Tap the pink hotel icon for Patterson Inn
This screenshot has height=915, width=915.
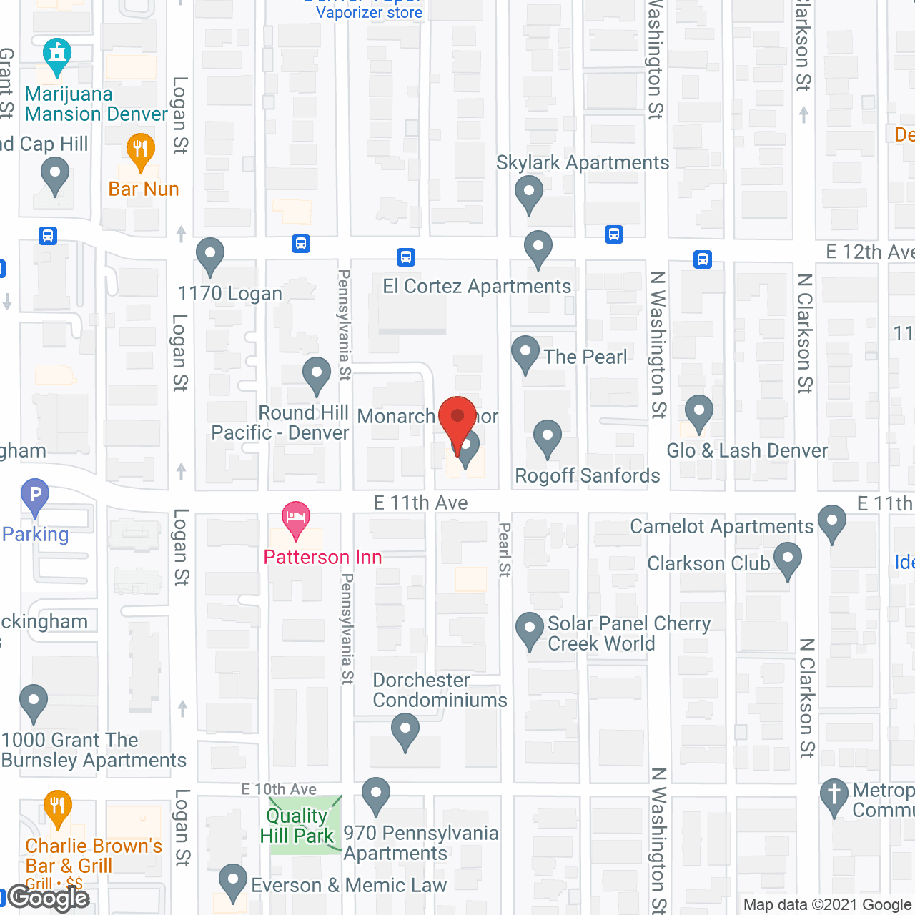295,520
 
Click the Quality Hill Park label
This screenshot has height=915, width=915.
296,826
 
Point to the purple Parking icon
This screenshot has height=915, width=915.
35,495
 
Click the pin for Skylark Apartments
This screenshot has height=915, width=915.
529,194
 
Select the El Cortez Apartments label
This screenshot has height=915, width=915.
477,287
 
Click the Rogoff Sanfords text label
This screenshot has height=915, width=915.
588,476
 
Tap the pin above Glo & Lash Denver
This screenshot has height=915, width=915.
698,413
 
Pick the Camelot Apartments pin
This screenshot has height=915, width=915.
831,523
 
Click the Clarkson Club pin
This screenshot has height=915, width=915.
787,560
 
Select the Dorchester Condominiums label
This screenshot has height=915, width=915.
440,690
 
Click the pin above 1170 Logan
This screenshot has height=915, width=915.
210,255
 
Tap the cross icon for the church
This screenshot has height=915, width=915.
834,796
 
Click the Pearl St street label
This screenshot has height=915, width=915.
505,550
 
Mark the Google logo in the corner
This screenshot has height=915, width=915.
49,898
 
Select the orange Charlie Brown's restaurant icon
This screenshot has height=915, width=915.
57,807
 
